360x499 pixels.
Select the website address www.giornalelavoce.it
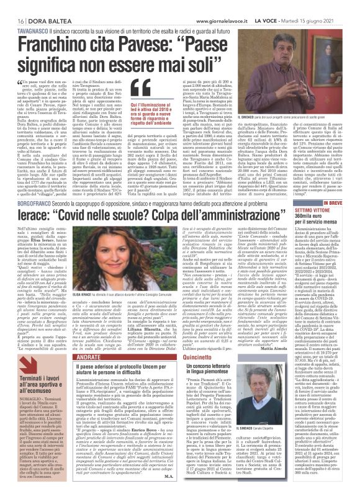[207, 6]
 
